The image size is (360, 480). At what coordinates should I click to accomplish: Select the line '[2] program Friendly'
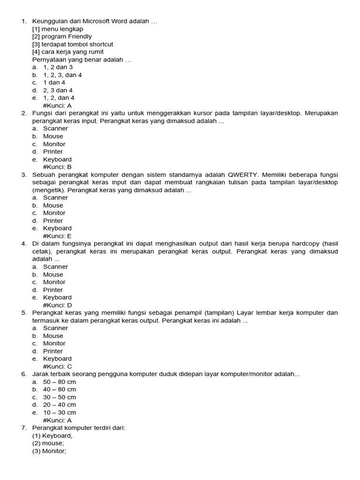[x=62, y=37]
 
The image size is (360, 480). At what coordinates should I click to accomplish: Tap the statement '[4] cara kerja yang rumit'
[x=68, y=52]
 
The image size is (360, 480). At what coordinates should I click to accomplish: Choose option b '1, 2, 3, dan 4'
[x=62, y=75]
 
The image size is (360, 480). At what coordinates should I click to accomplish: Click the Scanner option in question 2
[x=55, y=128]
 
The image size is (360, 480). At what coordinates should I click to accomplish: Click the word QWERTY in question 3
[x=243, y=174]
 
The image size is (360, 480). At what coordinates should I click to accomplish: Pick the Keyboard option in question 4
[x=57, y=297]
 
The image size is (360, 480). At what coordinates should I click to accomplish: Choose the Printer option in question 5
[x=53, y=351]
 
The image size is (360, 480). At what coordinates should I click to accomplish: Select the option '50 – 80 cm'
[x=60, y=382]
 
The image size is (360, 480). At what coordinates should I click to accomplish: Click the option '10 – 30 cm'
[x=60, y=412]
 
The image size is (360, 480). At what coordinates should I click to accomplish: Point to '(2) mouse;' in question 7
[x=48, y=443]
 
